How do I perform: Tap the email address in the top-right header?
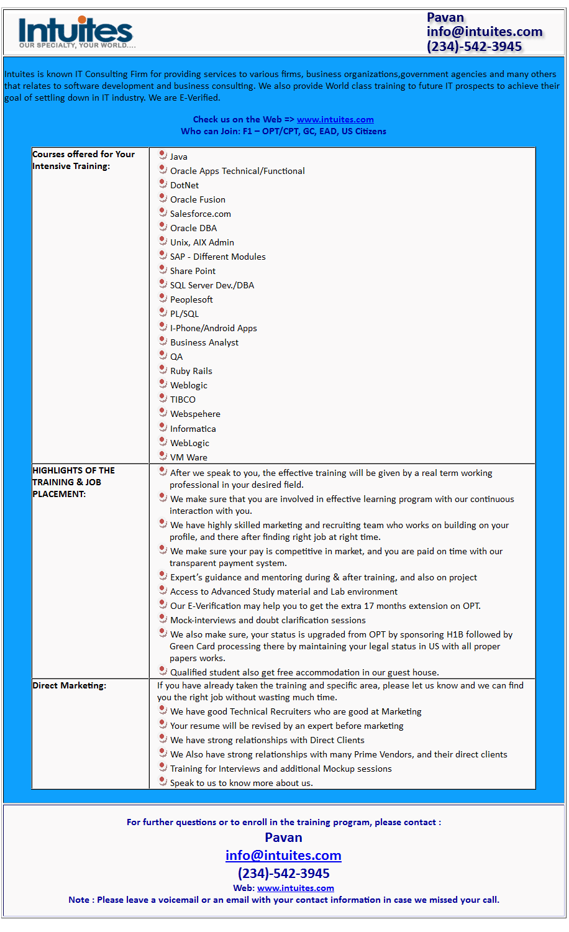[484, 32]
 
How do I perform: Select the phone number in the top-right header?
[474, 47]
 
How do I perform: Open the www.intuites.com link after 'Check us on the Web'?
[335, 119]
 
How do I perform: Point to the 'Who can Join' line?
[283, 131]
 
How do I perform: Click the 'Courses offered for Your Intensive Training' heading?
[83, 160]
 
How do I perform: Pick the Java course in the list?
[179, 157]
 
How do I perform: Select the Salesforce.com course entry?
[200, 214]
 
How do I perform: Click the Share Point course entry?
[193, 271]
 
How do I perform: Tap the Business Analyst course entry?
[204, 342]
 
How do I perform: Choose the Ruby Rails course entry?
[191, 371]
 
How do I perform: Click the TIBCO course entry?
[183, 400]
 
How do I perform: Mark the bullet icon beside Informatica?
[163, 427]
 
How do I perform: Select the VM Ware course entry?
[188, 457]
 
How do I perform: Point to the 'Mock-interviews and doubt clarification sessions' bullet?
[268, 620]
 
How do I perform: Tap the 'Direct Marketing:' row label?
[69, 685]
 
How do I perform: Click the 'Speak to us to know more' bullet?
[241, 783]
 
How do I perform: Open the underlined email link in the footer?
[283, 856]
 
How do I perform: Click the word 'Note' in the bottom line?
[79, 900]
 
